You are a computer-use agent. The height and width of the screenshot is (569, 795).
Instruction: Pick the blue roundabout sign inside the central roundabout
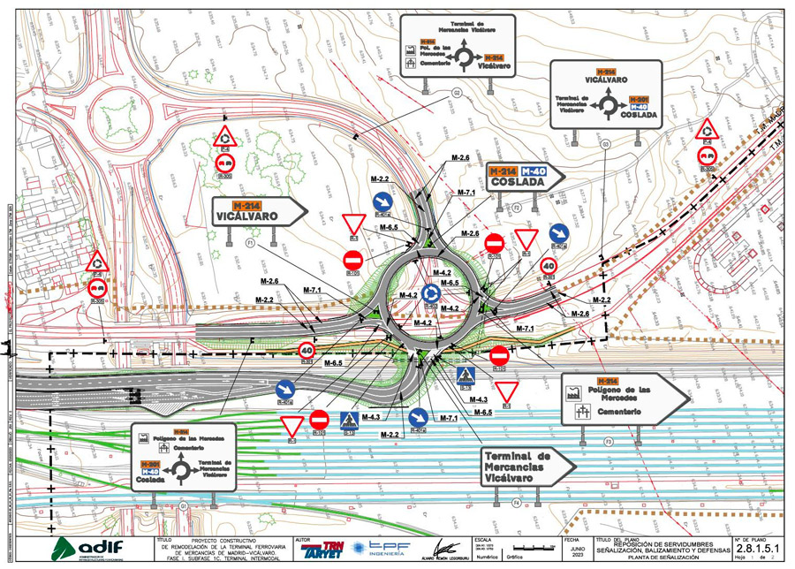click(431, 292)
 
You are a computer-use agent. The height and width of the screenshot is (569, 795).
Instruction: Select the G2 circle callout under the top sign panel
click(458, 92)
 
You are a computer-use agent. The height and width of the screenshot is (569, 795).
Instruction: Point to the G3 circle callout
click(605, 143)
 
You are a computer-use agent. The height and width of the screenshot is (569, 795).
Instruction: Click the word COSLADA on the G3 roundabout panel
click(639, 116)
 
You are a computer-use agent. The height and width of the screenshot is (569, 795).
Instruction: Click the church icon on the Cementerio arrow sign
click(582, 412)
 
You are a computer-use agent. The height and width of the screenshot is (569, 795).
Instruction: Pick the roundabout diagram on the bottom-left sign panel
click(184, 470)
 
